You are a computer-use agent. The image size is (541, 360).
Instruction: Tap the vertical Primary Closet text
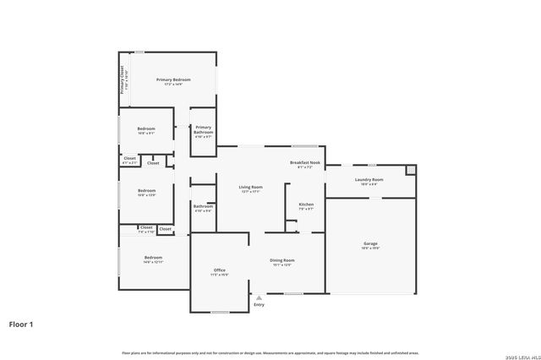[x=123, y=80]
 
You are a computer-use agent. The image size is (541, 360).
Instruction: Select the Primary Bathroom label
[x=204, y=128]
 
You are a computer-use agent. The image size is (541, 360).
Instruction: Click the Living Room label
[x=250, y=187]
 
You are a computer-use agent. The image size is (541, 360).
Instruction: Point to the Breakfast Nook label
[x=305, y=162]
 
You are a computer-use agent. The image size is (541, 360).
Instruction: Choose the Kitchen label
[x=306, y=205]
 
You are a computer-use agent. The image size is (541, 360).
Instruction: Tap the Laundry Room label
[x=369, y=179]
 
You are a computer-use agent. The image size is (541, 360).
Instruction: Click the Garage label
[x=370, y=243]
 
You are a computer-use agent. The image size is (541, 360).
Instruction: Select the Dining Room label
[x=281, y=260]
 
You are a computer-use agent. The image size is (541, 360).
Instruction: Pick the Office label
[x=219, y=270]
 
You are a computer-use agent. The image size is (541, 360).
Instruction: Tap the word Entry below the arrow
[x=259, y=304]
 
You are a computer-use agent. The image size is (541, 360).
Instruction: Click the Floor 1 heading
[x=22, y=324]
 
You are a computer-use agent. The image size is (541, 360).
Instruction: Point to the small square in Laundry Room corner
[x=411, y=170]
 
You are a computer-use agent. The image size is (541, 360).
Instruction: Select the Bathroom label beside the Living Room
[x=203, y=205]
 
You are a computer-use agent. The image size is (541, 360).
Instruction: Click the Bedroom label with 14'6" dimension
[x=153, y=257]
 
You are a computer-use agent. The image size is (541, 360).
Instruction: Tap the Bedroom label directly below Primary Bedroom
[x=146, y=129]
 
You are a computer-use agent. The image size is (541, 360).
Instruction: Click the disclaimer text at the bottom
[x=270, y=352]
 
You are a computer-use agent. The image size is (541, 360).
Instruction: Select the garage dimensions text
[x=370, y=248]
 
